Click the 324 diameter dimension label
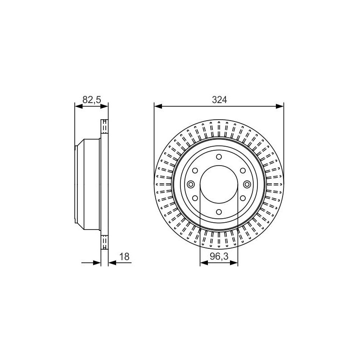(219, 100)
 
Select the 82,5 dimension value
(92, 100)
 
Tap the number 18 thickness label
(125, 256)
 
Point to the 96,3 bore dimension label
(219, 256)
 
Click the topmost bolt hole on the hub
(219, 157)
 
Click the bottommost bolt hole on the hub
(219, 211)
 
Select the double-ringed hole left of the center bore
(191, 184)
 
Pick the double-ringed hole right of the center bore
(247, 184)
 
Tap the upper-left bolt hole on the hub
(195, 171)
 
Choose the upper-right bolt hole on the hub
(243, 171)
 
